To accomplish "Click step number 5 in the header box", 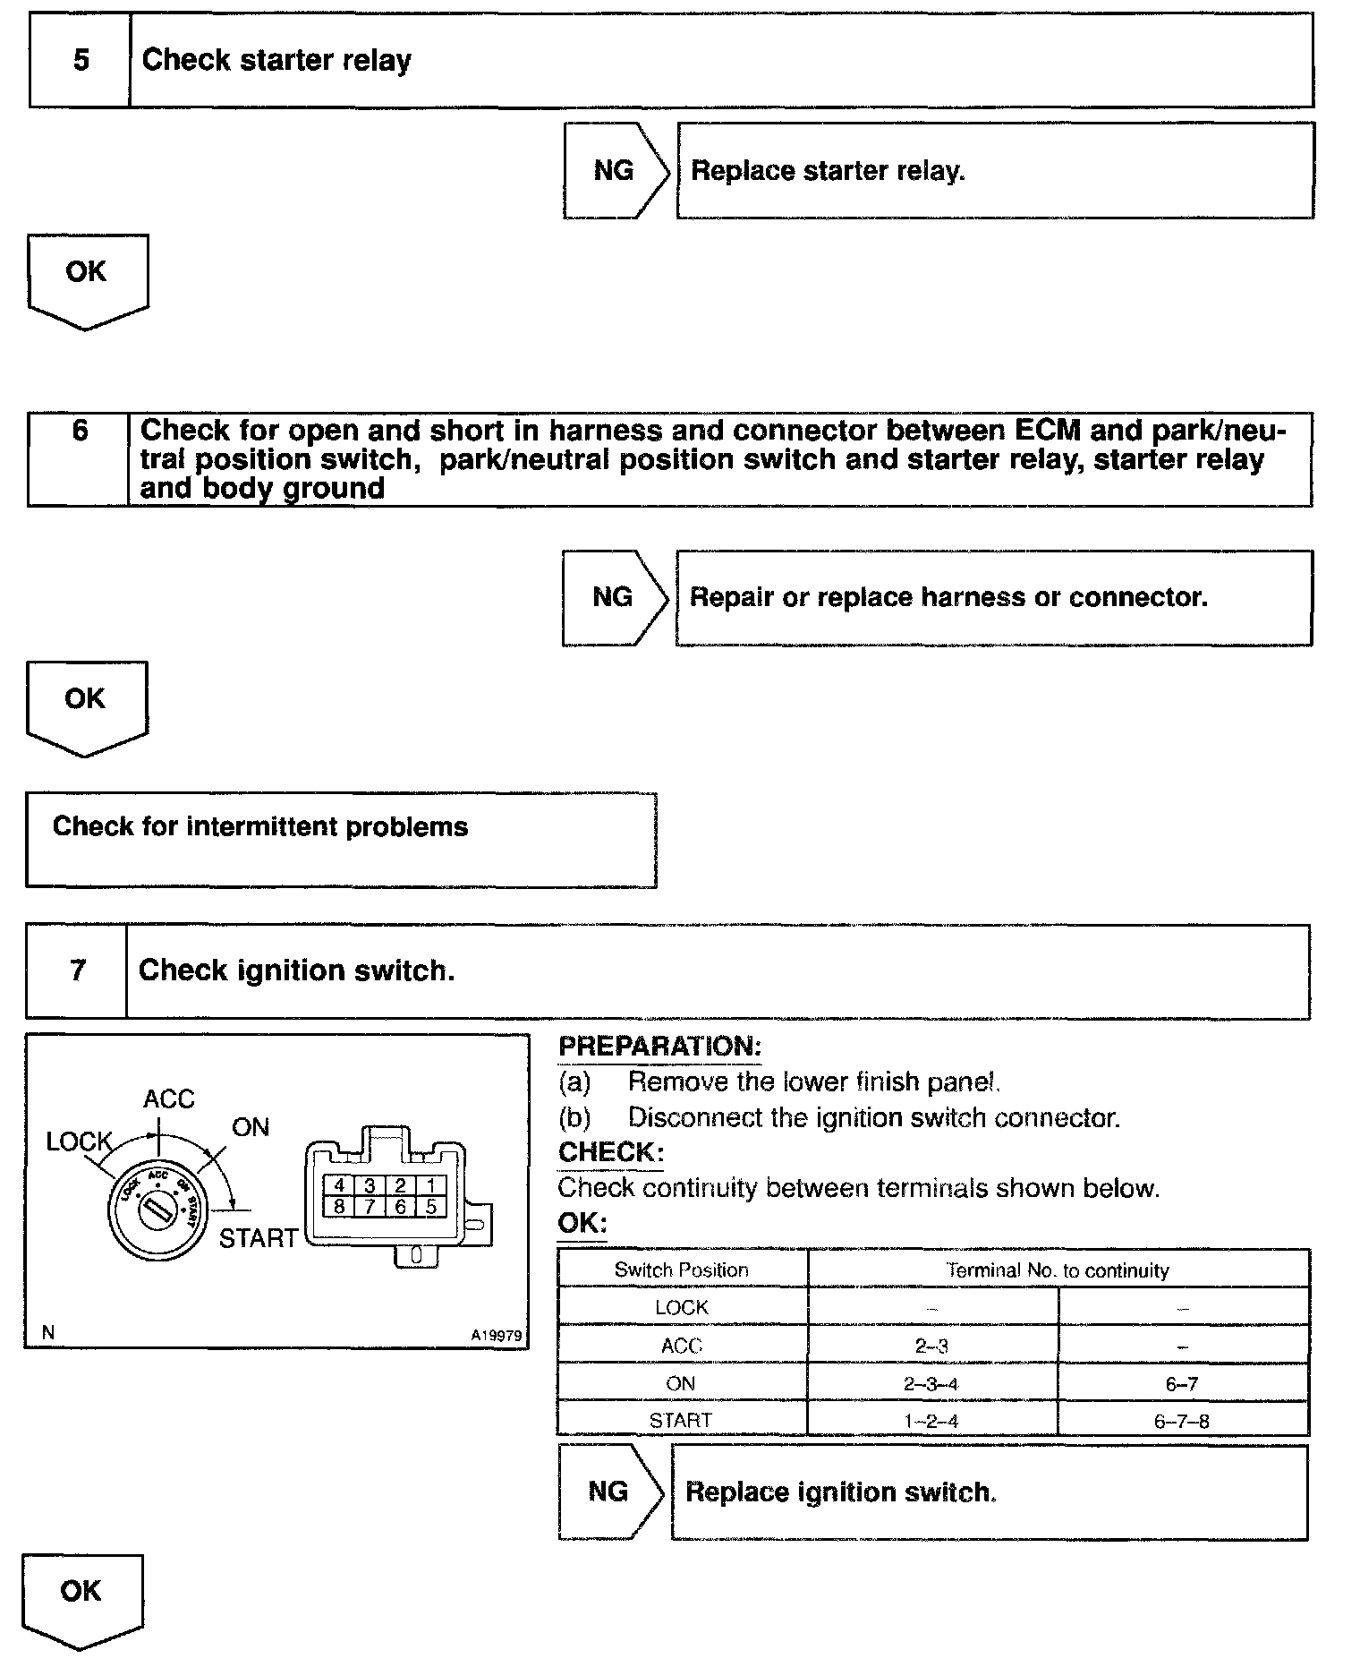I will click(81, 61).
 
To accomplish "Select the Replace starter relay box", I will click(995, 170).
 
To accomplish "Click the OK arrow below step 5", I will click(87, 278).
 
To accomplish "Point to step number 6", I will click(80, 432).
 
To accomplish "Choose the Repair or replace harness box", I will click(993, 598).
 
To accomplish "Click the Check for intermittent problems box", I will click(341, 839).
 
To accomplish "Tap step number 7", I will click(78, 971).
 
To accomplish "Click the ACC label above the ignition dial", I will click(168, 1099).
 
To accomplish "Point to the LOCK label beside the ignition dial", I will click(79, 1141).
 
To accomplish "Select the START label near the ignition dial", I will click(258, 1238).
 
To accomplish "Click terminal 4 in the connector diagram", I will click(339, 1185).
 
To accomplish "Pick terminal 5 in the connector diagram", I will click(430, 1206).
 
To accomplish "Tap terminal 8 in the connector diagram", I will click(339, 1206).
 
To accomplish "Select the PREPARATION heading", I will click(659, 1046).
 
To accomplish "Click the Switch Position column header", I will click(682, 1269).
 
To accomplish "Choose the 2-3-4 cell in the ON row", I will click(931, 1383).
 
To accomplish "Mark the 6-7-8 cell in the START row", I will click(1182, 1421).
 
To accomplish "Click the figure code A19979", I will click(496, 1335).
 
